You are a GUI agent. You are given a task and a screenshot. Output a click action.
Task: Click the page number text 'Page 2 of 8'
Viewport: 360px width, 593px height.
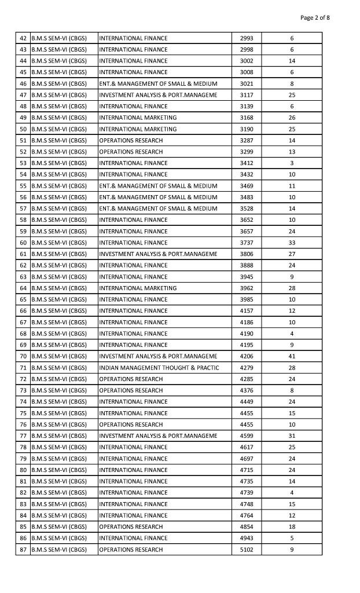(x=315, y=17)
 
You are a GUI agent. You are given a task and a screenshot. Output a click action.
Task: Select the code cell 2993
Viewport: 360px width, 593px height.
(x=247, y=38)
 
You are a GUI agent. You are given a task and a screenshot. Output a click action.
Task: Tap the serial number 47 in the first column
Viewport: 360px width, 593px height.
(x=24, y=95)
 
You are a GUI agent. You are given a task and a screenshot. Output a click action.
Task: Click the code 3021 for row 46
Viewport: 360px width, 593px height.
(x=247, y=83)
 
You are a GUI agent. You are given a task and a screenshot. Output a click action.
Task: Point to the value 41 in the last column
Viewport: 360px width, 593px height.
(x=292, y=356)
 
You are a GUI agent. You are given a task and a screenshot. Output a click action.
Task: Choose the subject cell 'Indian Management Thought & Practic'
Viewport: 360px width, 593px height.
(x=159, y=368)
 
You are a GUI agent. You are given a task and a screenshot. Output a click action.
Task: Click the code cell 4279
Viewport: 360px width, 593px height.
(x=247, y=368)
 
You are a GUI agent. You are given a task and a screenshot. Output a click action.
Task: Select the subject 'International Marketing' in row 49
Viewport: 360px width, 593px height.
(x=138, y=118)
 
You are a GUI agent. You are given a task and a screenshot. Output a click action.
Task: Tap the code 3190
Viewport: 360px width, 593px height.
(x=247, y=129)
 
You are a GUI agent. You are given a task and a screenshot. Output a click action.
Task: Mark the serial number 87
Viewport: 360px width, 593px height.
(x=24, y=550)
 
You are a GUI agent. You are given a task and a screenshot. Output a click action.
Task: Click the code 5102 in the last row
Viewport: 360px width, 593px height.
(x=247, y=550)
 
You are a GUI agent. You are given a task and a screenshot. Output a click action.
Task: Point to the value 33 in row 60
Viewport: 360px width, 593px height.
(x=292, y=243)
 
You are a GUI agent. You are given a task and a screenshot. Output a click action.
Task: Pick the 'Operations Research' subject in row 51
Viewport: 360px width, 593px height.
(x=131, y=140)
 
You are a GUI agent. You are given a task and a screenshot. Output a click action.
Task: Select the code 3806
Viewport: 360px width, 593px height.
(x=247, y=254)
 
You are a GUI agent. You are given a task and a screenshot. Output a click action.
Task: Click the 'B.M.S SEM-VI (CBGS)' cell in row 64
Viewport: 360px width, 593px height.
(x=59, y=288)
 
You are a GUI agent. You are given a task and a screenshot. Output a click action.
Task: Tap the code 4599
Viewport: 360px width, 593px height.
(x=247, y=435)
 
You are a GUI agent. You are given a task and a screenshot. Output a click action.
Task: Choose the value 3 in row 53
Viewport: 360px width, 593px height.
(x=292, y=163)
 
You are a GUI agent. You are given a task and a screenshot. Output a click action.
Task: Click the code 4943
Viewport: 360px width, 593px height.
(x=247, y=538)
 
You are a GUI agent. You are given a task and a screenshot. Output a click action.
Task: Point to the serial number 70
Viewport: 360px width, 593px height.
(x=24, y=356)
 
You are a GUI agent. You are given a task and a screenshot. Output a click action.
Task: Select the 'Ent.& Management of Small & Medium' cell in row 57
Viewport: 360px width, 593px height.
(x=158, y=208)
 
